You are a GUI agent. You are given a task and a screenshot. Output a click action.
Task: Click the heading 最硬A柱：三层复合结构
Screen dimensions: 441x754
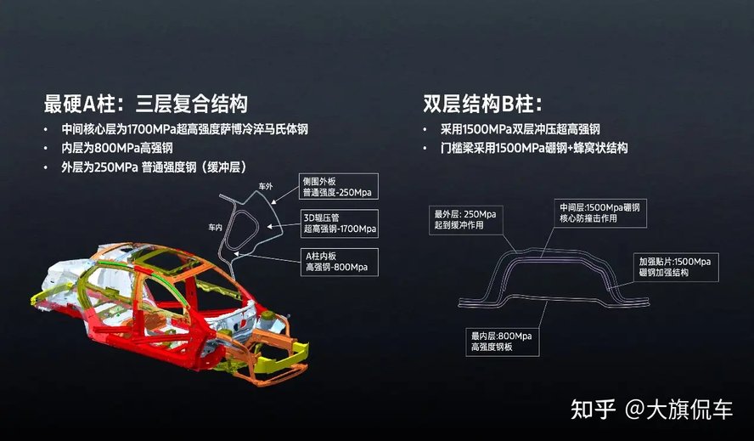145,105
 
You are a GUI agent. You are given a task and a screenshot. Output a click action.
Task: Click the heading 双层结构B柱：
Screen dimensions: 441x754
482,105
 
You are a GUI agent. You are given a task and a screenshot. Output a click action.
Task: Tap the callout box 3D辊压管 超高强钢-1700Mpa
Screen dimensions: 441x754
339,224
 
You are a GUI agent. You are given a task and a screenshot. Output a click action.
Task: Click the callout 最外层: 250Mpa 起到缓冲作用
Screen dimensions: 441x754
467,219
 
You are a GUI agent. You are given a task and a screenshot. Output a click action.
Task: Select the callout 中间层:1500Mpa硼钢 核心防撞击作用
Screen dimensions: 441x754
599,213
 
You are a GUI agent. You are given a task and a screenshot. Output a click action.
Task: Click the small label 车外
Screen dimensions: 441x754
266,185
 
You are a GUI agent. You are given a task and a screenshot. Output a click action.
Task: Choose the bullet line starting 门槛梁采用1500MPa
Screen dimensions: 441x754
534,148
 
